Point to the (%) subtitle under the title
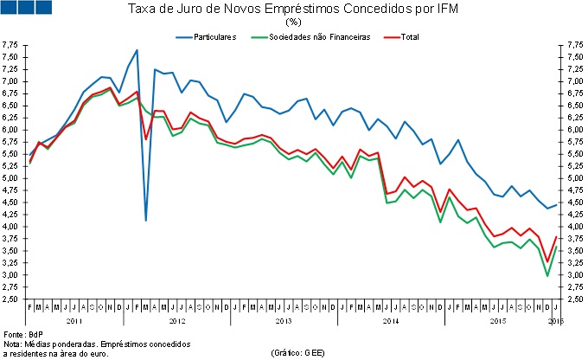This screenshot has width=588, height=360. tap(293, 22)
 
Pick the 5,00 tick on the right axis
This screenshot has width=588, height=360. tap(574, 178)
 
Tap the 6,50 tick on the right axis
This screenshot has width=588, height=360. tap(574, 106)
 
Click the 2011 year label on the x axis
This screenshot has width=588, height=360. tap(74, 320)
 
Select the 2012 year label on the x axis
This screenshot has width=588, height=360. tap(177, 320)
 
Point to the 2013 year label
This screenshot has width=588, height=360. tap(283, 320)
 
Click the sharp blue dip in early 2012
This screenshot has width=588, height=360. tap(146, 221)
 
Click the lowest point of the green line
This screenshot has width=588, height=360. tap(546, 276)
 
